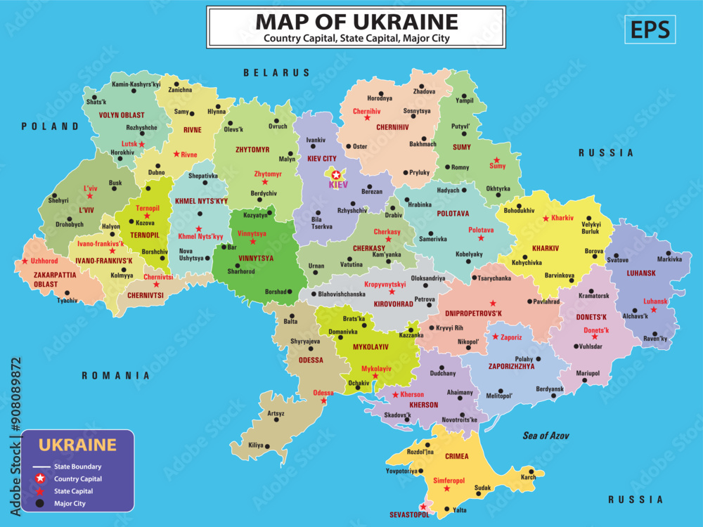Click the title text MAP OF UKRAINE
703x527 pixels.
(356, 21)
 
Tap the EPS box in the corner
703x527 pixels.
(650, 30)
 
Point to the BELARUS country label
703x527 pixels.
(276, 72)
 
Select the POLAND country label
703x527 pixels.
(50, 126)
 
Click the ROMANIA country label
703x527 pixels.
(116, 375)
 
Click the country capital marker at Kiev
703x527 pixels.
(336, 174)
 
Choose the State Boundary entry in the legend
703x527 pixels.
(77, 467)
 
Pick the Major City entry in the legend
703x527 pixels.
(70, 503)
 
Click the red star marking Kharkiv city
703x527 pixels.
(546, 219)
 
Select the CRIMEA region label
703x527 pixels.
(456, 457)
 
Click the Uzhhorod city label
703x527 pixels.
(44, 261)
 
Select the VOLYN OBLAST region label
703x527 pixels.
(122, 115)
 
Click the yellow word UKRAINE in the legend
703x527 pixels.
(77, 444)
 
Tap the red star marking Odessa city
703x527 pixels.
(323, 401)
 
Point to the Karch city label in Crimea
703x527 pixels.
(528, 478)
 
